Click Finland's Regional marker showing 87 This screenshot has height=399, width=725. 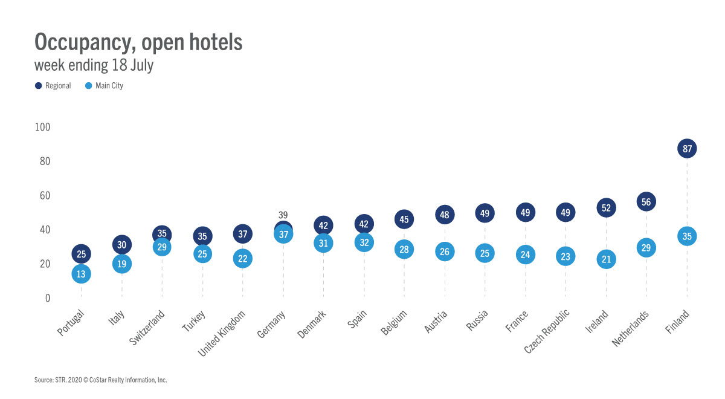(687, 148)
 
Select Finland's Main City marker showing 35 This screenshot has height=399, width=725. (687, 236)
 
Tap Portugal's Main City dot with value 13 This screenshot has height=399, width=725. (81, 274)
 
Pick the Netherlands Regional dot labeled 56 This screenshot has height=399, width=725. (646, 202)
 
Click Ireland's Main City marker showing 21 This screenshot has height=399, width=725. (606, 260)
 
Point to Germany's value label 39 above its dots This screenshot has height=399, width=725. (283, 215)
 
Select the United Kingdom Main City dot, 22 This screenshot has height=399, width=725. (242, 259)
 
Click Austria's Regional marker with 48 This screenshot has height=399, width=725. (445, 214)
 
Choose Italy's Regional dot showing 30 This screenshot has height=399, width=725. (121, 244)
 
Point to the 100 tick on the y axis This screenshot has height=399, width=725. (42, 127)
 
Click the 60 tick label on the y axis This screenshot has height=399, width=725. (45, 196)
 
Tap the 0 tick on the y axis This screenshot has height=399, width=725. (48, 298)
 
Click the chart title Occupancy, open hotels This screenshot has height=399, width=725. (138, 42)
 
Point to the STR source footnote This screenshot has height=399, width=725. (100, 380)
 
